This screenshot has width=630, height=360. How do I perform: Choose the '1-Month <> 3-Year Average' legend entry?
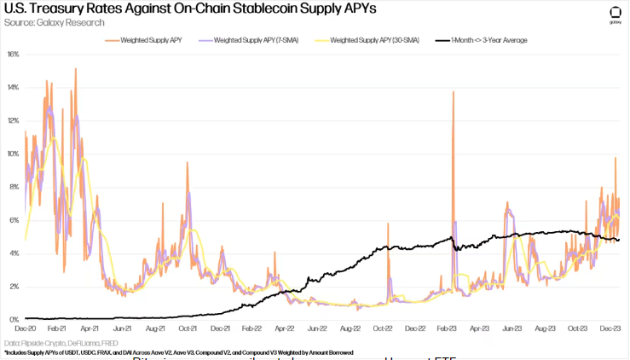[487, 40]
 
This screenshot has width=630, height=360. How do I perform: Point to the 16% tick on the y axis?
[13, 54]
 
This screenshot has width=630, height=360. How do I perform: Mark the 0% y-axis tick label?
[13, 319]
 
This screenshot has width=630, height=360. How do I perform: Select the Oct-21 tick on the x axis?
[188, 328]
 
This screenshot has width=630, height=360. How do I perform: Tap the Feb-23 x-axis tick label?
[449, 328]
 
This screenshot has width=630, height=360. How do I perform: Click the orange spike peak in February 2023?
[454, 92]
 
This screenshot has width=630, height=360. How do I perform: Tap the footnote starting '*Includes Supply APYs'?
[178, 351]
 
